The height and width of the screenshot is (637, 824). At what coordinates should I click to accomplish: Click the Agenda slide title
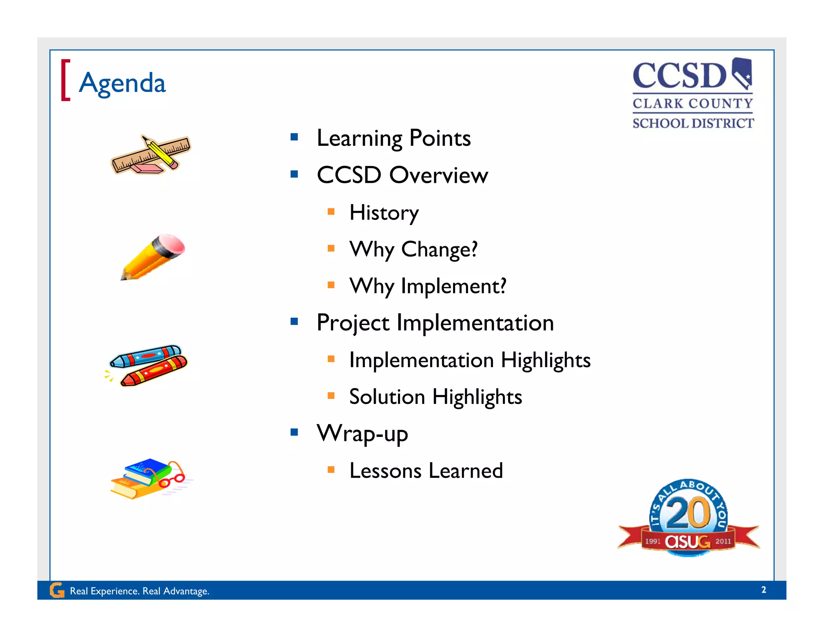tap(122, 83)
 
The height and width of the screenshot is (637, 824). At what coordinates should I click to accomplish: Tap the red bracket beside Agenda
tap(65, 80)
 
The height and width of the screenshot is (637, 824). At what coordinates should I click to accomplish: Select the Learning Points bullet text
tap(393, 138)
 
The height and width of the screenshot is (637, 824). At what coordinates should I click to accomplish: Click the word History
tap(384, 212)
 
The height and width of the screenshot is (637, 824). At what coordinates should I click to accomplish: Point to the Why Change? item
tap(413, 249)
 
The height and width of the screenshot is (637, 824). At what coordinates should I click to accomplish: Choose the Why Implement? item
tap(427, 286)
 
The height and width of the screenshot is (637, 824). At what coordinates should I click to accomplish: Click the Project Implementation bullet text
tap(435, 323)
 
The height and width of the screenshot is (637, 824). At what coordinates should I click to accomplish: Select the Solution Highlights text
tap(435, 397)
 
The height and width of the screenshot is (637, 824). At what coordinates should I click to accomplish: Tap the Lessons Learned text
tap(426, 470)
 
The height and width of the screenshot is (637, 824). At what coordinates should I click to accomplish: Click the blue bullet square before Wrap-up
tap(294, 432)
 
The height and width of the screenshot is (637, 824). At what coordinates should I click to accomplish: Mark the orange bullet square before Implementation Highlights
tap(331, 359)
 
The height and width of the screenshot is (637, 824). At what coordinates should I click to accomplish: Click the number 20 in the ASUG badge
tap(688, 513)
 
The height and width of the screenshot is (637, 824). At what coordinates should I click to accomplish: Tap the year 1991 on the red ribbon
tap(653, 541)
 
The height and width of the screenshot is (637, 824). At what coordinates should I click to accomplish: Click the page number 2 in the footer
tap(763, 590)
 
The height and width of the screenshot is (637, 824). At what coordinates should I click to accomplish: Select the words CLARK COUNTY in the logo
tap(692, 103)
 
